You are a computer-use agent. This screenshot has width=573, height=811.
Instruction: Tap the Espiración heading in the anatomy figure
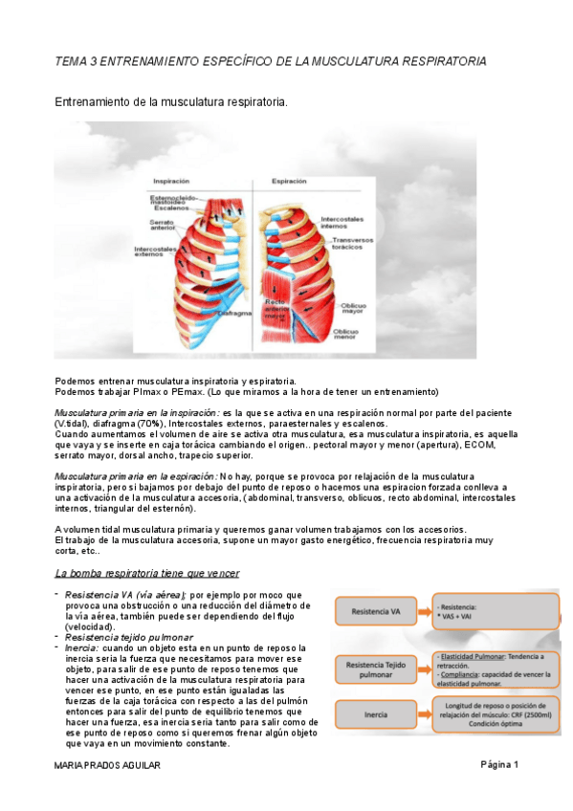(289, 180)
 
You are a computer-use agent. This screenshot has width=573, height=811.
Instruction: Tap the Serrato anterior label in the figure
(161, 225)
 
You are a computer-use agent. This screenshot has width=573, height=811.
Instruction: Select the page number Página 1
(497, 765)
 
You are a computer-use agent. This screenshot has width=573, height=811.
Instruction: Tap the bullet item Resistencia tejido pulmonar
(128, 637)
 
